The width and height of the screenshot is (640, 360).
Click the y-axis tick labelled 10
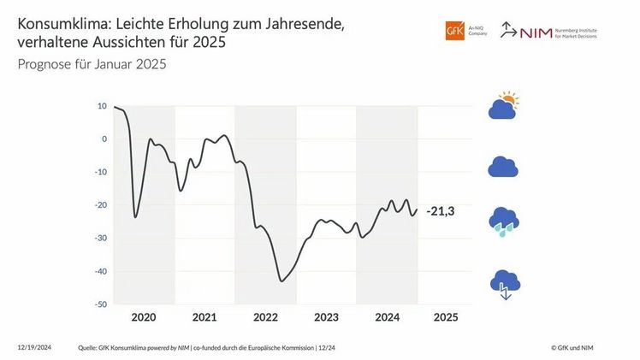(102, 107)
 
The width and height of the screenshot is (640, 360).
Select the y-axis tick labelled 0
(104, 139)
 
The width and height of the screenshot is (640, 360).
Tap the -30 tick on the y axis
(100, 239)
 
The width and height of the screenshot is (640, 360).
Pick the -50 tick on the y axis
(100, 304)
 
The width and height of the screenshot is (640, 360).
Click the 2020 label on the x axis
(144, 317)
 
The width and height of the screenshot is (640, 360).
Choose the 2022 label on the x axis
(265, 317)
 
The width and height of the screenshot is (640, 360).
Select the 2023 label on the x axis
(326, 317)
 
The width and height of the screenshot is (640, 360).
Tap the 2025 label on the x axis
(446, 317)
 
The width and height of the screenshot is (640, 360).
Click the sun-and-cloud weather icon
(503, 106)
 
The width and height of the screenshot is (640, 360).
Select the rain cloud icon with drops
(503, 221)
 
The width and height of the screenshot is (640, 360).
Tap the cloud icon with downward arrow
(503, 283)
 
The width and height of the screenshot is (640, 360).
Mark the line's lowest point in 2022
(281, 280)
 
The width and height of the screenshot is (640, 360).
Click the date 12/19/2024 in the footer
(34, 347)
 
